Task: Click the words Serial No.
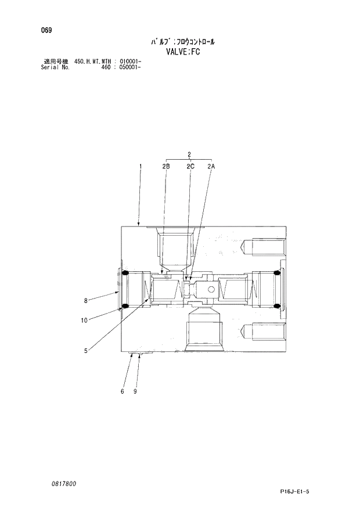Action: [x=56, y=67]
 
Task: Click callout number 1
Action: [x=140, y=167]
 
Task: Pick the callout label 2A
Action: [x=211, y=167]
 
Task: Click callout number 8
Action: [x=85, y=300]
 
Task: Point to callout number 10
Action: [x=84, y=319]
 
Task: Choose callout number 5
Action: [x=85, y=350]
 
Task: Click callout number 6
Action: [x=123, y=391]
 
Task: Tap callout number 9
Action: [x=135, y=391]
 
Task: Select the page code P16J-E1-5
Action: [x=295, y=492]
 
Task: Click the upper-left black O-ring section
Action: [x=124, y=274]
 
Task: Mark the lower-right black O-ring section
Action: [x=276, y=305]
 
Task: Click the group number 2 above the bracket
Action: [x=189, y=154]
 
